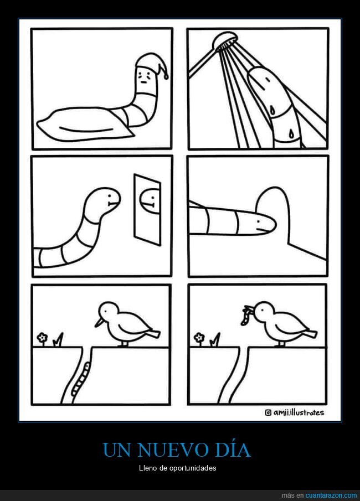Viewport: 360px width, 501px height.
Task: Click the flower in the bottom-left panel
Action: click(43, 337)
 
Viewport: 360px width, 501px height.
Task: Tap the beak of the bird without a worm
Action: click(98, 321)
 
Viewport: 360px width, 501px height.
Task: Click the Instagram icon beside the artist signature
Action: click(269, 412)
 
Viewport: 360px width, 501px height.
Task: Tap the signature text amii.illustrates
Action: click(299, 412)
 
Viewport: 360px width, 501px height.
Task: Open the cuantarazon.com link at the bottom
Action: click(331, 494)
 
